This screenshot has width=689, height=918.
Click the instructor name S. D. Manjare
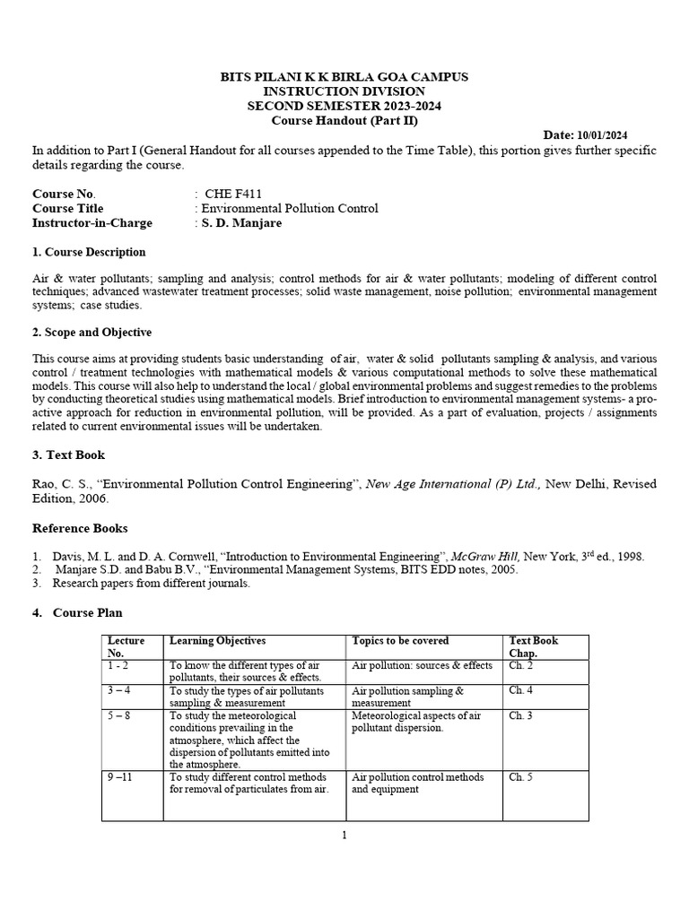(240, 223)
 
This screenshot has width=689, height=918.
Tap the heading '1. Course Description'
(89, 252)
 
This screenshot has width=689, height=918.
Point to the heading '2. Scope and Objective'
(92, 332)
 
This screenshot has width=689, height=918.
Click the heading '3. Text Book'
(69, 455)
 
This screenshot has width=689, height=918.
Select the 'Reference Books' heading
(80, 528)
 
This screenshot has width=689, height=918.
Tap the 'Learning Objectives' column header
(217, 641)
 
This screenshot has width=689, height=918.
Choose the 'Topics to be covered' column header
(400, 641)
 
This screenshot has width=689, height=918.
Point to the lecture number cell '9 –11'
(119, 777)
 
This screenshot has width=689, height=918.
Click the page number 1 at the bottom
(344, 836)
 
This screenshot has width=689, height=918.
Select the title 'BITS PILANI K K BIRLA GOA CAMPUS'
(344, 77)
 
